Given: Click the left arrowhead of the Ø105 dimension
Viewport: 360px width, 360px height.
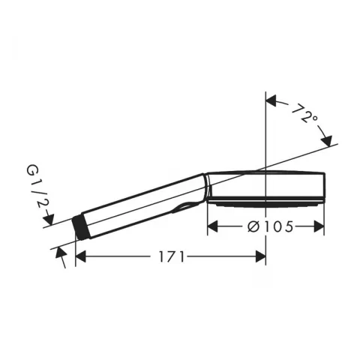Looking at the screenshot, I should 212,226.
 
